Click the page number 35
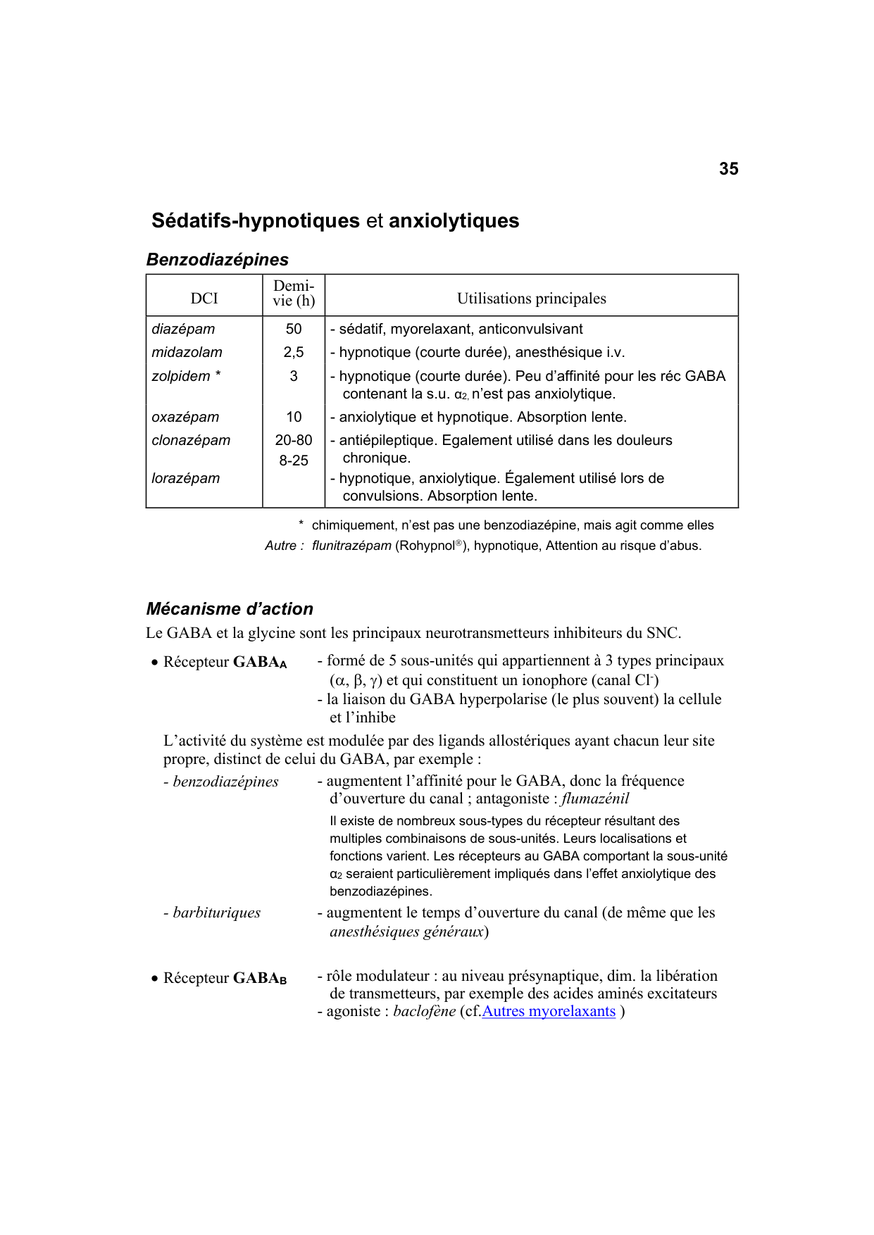point(728,169)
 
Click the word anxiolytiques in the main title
point(454,221)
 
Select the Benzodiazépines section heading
point(217,260)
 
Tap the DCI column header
point(204,299)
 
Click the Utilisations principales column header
point(531,299)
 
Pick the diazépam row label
point(183,330)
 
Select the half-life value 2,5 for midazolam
point(293,353)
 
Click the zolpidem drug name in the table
point(181,377)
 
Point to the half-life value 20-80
point(293,441)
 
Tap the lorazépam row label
point(185,479)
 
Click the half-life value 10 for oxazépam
point(293,418)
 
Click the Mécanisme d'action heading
point(230,609)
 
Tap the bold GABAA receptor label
point(259,663)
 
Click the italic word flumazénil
point(595,799)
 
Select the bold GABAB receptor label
point(259,979)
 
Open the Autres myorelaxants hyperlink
point(549,1012)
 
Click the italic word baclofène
point(425,1012)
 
